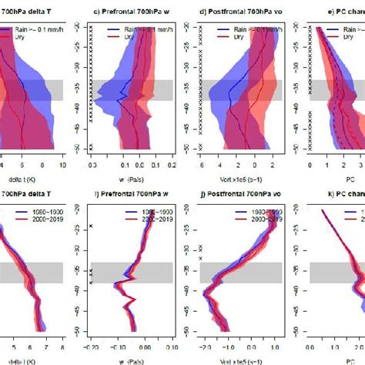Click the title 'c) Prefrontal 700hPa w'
[127, 12]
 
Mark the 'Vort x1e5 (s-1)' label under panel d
[235, 185]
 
